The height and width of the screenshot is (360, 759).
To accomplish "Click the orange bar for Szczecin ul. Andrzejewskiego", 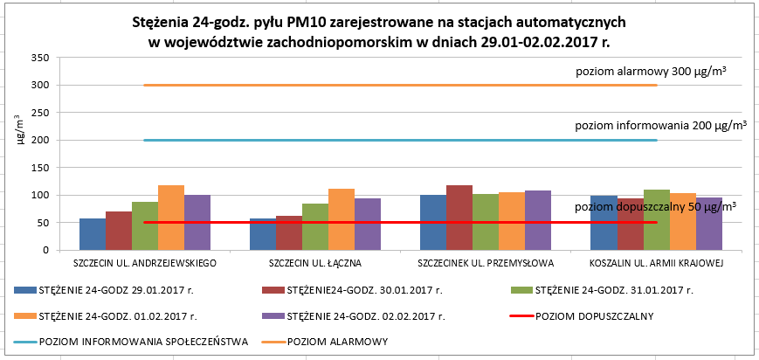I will coord(171,218).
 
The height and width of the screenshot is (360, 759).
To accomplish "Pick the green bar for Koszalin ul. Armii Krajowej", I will coord(656,219).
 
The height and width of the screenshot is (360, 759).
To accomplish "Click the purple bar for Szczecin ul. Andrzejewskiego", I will coord(197,222).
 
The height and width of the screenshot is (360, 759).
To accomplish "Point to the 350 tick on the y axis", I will coord(38,58).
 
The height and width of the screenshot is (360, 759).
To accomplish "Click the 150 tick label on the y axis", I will coord(38,168).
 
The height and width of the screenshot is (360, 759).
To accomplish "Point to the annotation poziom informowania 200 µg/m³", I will coord(660,126).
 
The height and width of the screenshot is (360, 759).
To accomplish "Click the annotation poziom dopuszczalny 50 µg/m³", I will coord(655,206).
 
